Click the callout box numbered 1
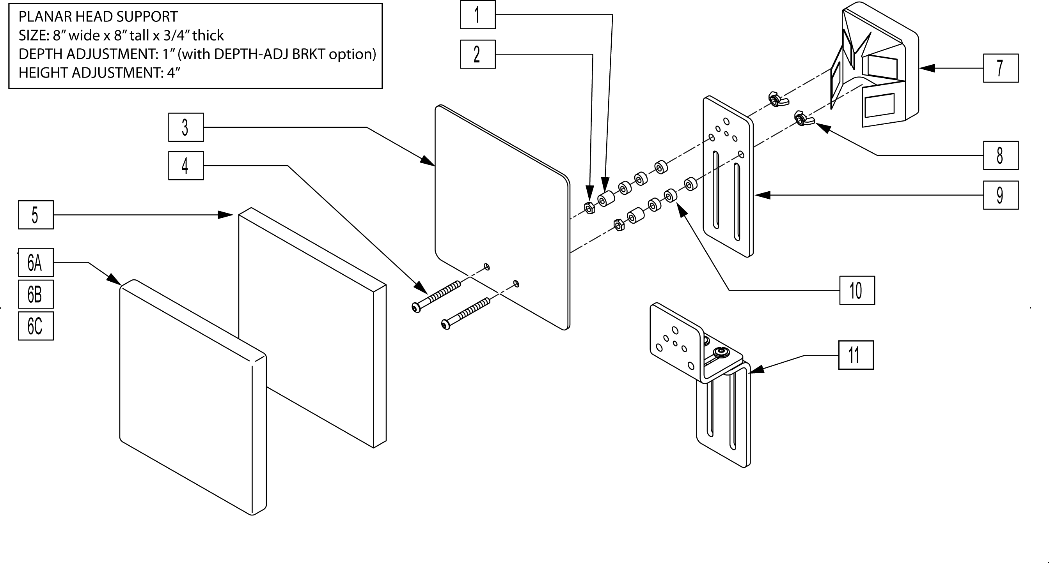(x=477, y=15)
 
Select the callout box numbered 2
(x=477, y=54)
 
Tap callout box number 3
(x=186, y=127)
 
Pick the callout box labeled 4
(x=186, y=166)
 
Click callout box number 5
(x=36, y=215)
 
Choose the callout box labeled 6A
(x=36, y=262)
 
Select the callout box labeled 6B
(x=36, y=294)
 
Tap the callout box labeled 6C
(x=36, y=326)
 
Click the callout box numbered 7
(x=1001, y=68)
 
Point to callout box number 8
(x=1001, y=155)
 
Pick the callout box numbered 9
(x=1001, y=195)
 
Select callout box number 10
(x=857, y=290)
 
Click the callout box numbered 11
(x=856, y=355)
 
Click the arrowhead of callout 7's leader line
(x=925, y=68)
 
